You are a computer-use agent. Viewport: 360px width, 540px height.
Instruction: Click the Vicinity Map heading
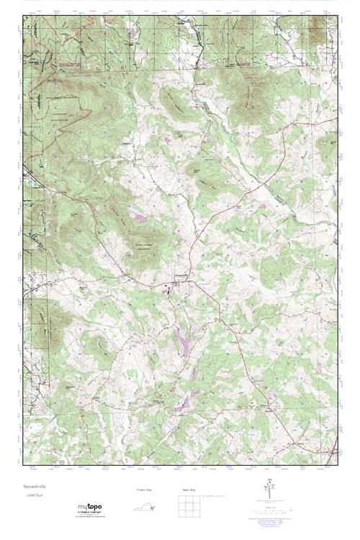[x=143, y=490]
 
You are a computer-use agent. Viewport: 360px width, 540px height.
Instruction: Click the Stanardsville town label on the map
[x=183, y=274]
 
